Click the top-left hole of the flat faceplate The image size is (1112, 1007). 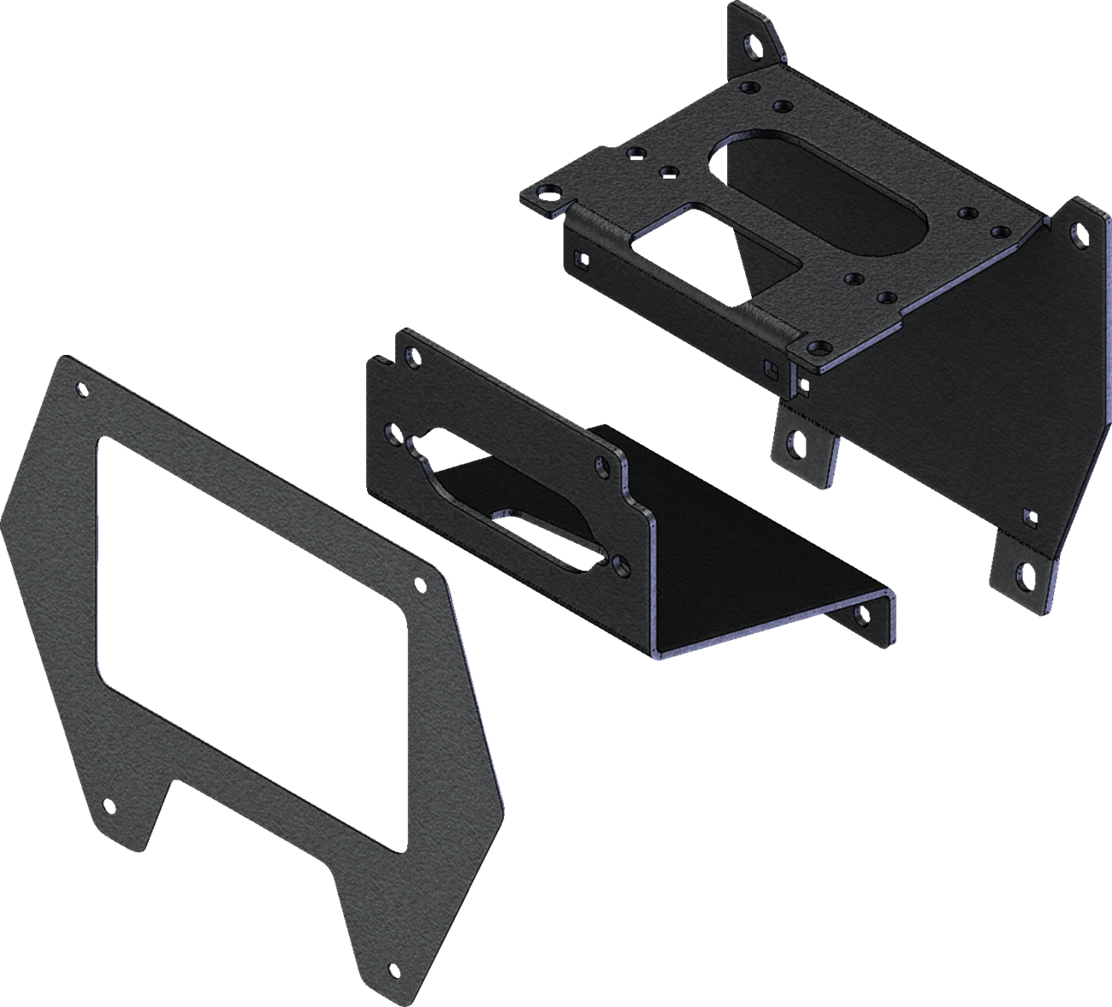pos(83,392)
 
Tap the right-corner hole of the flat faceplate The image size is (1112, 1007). pos(419,585)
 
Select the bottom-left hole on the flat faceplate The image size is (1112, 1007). pos(107,806)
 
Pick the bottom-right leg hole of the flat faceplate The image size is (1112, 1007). pos(393,969)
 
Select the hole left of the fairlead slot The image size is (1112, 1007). pos(392,433)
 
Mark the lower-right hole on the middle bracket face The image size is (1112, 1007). pos(618,561)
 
